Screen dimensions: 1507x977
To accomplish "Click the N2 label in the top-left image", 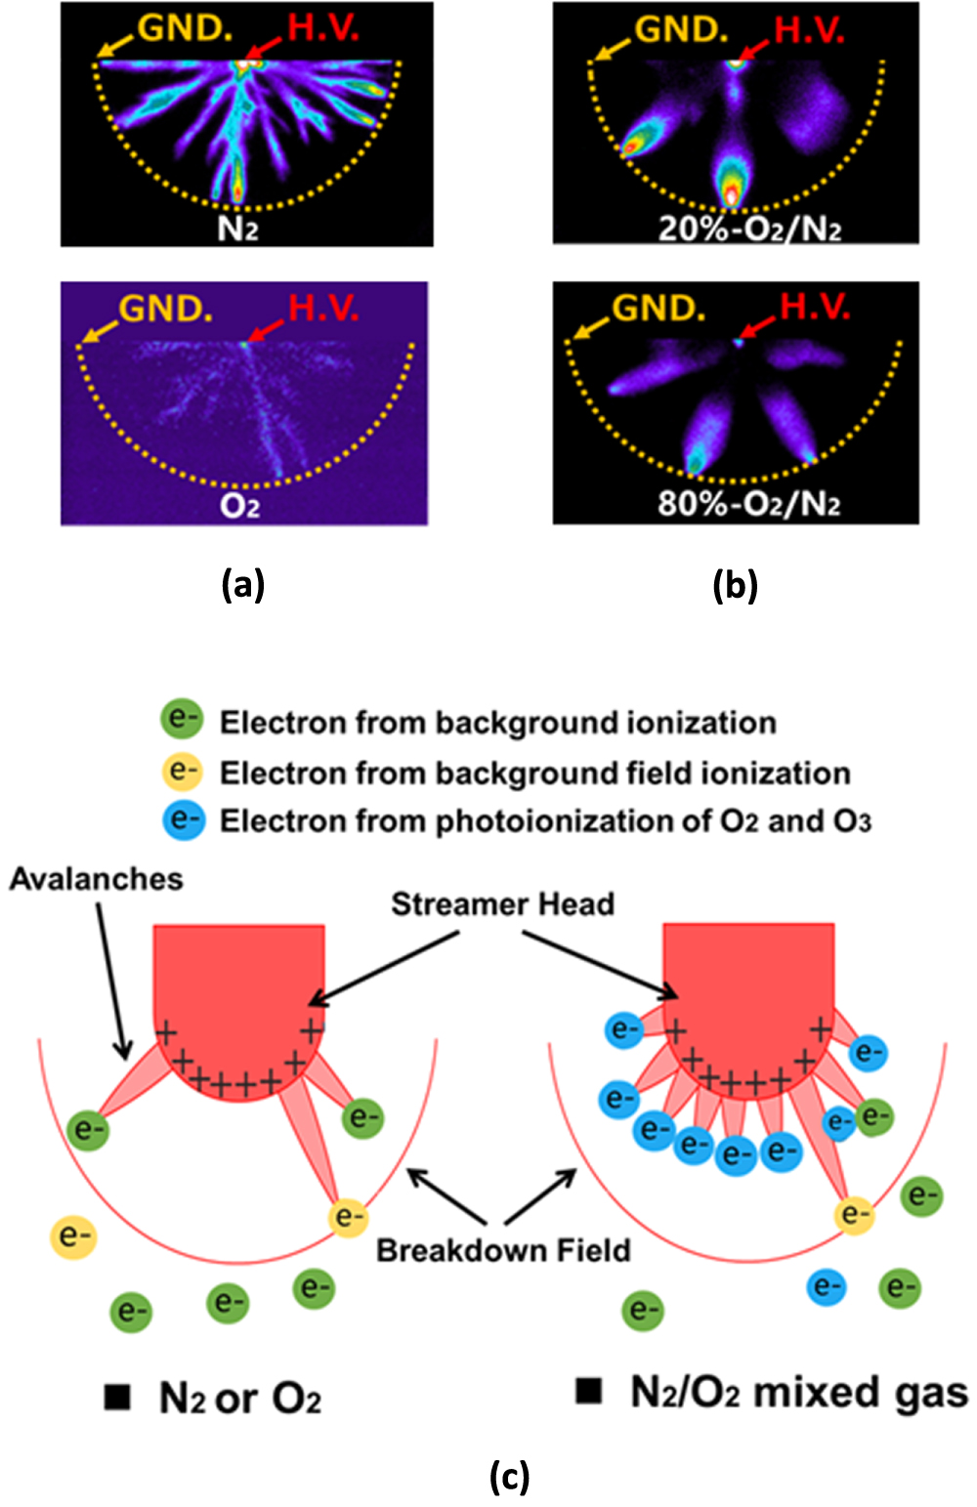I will [x=237, y=229].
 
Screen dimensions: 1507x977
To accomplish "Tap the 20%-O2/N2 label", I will [x=749, y=229].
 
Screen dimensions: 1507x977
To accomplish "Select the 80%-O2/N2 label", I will [x=749, y=505].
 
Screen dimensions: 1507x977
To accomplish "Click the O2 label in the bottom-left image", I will [x=239, y=506].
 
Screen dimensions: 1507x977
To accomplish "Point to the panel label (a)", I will [x=242, y=585].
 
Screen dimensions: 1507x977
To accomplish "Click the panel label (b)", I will [x=735, y=585].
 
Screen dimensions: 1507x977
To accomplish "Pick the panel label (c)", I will [x=509, y=1476].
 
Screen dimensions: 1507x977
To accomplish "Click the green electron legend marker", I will [x=182, y=721].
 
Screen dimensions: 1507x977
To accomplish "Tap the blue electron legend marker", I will [x=182, y=819].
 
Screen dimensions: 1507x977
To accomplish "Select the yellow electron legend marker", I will [x=182, y=772].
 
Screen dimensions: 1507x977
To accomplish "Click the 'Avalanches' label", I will [x=97, y=879].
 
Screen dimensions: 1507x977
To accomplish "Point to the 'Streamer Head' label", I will [x=502, y=904].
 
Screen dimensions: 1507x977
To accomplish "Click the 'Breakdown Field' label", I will [x=503, y=1251].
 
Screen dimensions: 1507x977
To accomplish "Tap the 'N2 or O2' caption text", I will [x=239, y=1400].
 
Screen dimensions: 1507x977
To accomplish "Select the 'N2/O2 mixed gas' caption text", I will [x=798, y=1393].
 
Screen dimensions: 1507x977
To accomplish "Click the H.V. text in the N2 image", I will [x=323, y=29].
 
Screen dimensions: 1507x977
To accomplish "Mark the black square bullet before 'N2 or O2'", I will [x=117, y=1398].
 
